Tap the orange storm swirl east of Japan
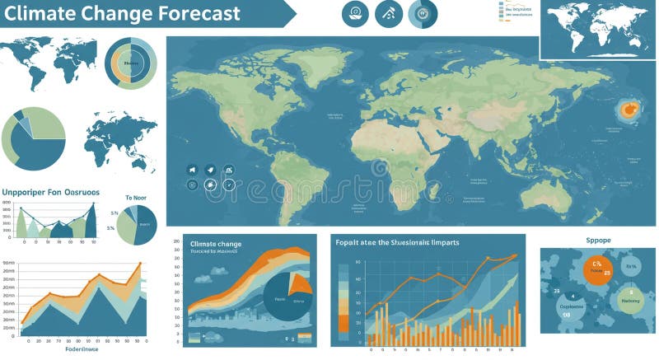[x=629, y=109]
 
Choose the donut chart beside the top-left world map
[x=131, y=63]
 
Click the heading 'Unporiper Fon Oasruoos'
[x=50, y=192]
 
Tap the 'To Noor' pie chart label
[x=135, y=198]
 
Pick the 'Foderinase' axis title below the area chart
[x=82, y=349]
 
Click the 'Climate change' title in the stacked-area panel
[x=216, y=244]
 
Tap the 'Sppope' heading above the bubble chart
[x=597, y=240]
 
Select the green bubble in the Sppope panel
[x=632, y=297]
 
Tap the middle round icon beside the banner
[x=389, y=13]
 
